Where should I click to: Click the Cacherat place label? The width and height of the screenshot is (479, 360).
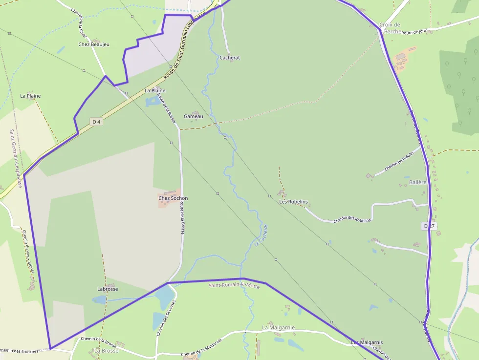coord(230,58)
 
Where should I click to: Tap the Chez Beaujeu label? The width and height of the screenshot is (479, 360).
coord(94,44)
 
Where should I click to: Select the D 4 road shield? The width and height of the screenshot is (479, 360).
coord(96,122)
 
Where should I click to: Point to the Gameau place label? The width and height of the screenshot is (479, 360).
coord(193,117)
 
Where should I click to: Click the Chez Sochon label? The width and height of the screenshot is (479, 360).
coord(173,198)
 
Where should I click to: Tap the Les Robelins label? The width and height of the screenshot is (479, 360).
coord(293,202)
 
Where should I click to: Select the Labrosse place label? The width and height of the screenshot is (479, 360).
coord(108,289)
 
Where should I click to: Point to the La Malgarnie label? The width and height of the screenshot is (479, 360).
coord(278,327)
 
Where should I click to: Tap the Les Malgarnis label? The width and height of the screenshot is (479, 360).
coord(367,342)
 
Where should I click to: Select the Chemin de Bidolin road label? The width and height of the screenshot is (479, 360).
coord(399,161)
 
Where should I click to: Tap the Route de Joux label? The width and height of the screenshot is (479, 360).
coord(414,32)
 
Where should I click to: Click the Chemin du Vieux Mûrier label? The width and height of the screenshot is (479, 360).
coord(28,252)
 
